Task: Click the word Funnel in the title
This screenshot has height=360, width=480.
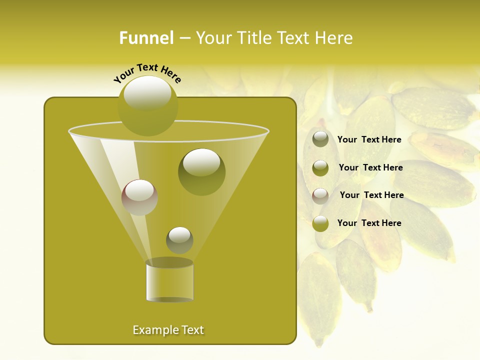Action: (146, 38)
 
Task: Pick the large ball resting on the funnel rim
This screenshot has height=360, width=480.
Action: (147, 105)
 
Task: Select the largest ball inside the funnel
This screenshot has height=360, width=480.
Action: (201, 171)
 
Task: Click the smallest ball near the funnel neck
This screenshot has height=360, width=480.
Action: (179, 240)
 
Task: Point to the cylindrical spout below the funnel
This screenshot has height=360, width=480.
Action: (169, 281)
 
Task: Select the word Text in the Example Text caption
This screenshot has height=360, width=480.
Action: (192, 330)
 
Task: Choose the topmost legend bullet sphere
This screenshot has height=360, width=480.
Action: (320, 139)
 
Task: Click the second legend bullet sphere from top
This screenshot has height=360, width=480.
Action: (320, 168)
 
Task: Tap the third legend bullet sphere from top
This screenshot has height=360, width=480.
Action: (320, 196)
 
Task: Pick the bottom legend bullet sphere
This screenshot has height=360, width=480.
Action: (320, 223)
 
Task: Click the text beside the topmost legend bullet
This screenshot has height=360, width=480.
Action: (369, 139)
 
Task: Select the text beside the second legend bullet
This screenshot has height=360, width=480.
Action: (370, 167)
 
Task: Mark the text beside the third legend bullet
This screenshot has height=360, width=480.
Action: (371, 195)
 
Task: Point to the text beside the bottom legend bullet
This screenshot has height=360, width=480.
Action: (369, 223)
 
